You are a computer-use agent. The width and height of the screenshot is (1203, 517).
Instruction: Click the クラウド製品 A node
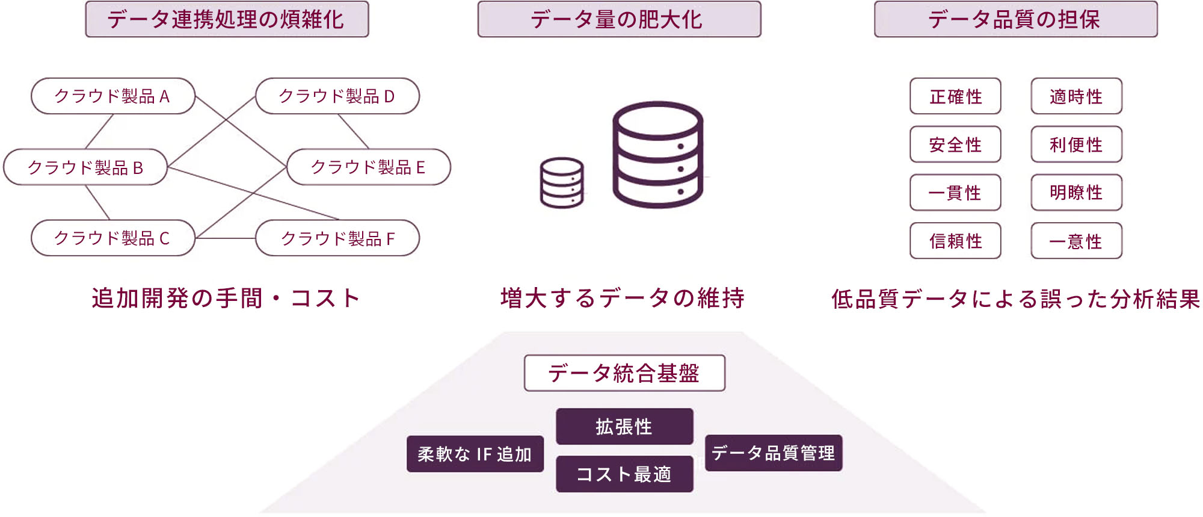tap(113, 96)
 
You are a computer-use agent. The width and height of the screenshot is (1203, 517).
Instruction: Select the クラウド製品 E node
tap(369, 167)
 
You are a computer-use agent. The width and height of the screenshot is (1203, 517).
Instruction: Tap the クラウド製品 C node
tap(113, 238)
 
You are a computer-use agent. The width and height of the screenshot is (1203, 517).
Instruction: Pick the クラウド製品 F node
tap(337, 238)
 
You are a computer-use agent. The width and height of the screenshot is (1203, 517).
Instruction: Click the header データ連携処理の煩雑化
tap(227, 19)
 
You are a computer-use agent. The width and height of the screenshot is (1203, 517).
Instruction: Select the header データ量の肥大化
tap(619, 19)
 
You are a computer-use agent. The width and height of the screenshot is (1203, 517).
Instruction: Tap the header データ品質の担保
tap(1015, 19)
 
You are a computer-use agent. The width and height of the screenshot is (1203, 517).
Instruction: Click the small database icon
tap(561, 183)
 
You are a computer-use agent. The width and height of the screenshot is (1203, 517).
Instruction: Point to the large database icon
tap(657, 155)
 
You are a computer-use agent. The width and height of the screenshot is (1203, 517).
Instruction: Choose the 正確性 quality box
tap(955, 96)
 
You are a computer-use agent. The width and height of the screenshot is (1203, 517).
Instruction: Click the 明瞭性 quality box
tap(1076, 193)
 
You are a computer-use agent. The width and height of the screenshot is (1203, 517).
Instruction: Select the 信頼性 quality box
tap(955, 241)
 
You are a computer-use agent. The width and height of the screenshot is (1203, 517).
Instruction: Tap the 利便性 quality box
tap(1076, 144)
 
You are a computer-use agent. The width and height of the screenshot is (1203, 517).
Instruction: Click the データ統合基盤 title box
tap(624, 373)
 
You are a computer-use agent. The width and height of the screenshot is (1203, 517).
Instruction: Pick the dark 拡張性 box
tap(624, 427)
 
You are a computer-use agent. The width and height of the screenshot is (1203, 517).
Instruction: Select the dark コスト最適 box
tap(624, 474)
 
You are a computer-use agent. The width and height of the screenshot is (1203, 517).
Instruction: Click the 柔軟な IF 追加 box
tap(475, 454)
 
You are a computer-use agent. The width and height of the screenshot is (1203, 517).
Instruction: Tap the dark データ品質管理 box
tap(773, 453)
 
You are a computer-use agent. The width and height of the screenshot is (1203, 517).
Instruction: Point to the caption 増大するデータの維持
tap(623, 299)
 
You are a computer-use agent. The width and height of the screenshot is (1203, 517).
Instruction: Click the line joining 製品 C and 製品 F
tap(226, 238)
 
